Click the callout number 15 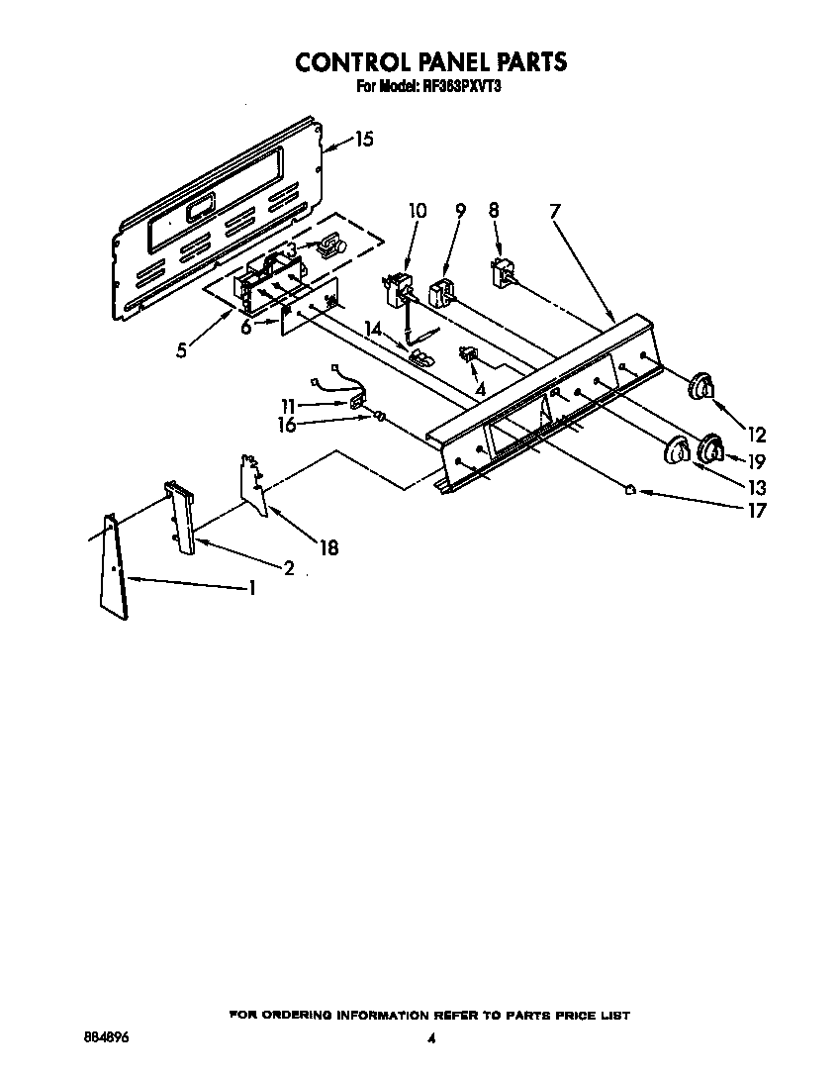click(363, 140)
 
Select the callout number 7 click(555, 211)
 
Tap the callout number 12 click(757, 434)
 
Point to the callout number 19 click(757, 460)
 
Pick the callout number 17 click(757, 511)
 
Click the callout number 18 click(327, 546)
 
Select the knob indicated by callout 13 click(675, 451)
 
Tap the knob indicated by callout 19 click(710, 449)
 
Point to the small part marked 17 click(630, 488)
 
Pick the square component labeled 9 click(441, 295)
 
